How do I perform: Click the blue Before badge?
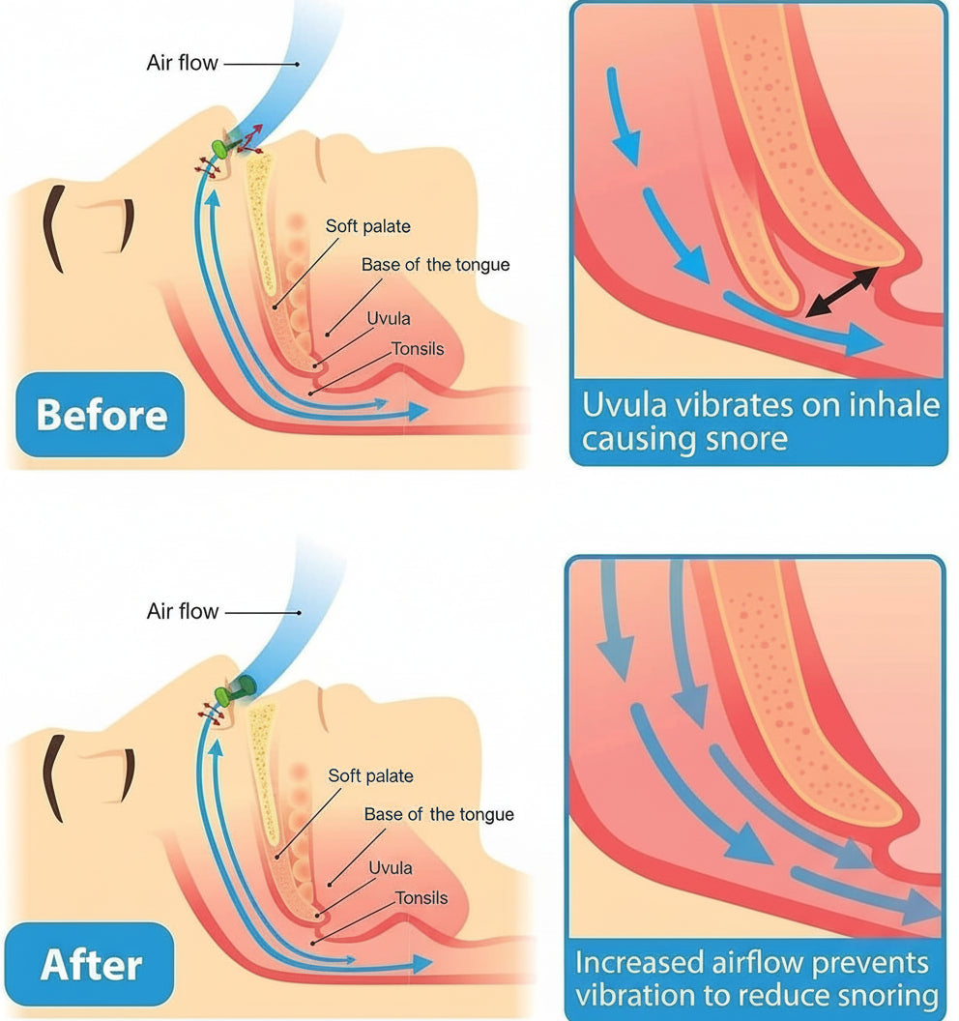pos(101,415)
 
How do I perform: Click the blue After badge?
pos(91,964)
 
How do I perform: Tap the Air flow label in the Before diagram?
pos(183,64)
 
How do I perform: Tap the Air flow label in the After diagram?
pos(183,612)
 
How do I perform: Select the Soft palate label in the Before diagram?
pos(367,226)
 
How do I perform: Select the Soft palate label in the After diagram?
pos(370,775)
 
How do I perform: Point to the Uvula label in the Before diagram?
pos(388,317)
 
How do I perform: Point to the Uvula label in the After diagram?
pos(391,867)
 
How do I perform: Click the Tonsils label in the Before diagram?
pos(418,348)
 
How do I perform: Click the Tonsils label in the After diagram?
pos(421,898)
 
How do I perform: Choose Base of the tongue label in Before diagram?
pos(435,264)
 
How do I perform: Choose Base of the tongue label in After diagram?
pos(439,815)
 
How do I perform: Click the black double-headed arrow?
pos(842,292)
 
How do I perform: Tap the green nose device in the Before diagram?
pos(225,148)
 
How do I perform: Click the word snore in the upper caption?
pos(741,440)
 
